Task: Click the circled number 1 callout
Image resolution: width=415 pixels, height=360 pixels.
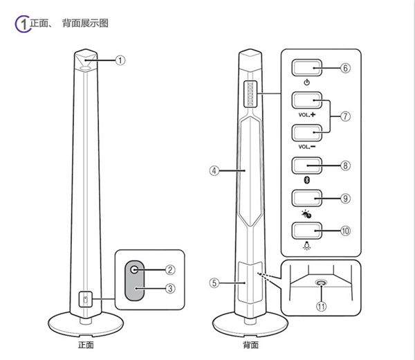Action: click(120, 60)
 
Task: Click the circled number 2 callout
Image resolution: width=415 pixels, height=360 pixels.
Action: click(170, 269)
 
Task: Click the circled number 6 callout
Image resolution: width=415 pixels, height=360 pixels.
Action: click(345, 68)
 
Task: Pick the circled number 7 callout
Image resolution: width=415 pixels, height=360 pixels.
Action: click(345, 116)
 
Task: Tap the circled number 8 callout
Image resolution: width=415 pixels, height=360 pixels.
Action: click(345, 165)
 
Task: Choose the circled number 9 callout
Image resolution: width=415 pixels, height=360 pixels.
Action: click(345, 197)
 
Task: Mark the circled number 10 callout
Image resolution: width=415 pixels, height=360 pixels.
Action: click(345, 230)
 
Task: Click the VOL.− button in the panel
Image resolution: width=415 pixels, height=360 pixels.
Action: click(306, 132)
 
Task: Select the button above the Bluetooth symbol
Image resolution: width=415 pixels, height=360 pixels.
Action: click(306, 165)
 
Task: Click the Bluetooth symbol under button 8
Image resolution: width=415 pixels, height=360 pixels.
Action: click(306, 179)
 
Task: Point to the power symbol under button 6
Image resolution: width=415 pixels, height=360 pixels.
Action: click(306, 82)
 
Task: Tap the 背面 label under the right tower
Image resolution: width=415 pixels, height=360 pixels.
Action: click(250, 344)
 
